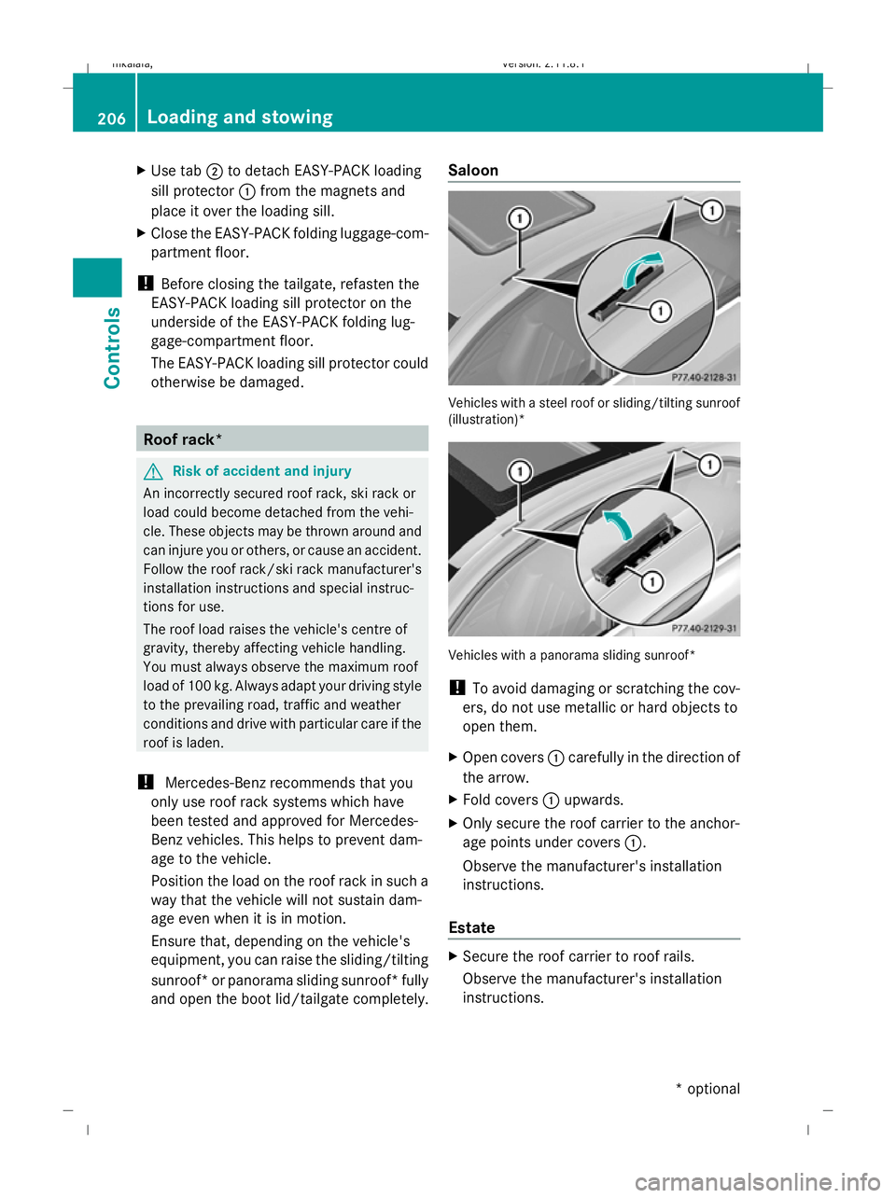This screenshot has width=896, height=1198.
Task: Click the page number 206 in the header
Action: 111,118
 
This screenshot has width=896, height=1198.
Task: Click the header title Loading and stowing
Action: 240,118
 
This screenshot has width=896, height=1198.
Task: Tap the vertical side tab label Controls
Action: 113,347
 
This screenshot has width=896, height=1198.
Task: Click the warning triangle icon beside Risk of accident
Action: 153,472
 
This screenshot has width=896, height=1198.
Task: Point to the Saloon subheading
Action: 473,171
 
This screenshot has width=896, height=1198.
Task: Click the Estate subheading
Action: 471,927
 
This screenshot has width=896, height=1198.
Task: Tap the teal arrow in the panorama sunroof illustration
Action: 617,524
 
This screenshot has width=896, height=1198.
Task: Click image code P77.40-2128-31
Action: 704,378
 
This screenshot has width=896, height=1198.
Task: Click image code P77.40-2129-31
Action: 704,629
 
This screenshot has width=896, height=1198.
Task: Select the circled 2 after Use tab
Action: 214,172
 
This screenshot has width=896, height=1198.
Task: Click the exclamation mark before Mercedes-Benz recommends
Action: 146,782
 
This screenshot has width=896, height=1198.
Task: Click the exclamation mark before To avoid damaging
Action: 456,688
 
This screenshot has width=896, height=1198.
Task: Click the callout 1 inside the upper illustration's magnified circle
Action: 661,311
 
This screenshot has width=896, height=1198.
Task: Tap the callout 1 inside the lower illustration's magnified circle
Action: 651,581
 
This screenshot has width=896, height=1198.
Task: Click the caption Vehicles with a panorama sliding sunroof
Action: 571,655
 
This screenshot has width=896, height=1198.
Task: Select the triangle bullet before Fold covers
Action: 453,800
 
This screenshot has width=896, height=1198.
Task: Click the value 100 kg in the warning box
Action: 209,686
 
